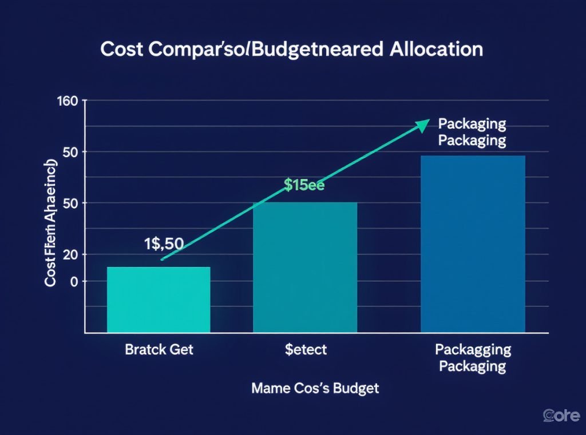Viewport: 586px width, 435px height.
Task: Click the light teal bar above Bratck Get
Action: [159, 299]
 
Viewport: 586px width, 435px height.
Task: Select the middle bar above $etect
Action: [304, 266]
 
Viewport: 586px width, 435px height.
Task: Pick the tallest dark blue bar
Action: [473, 244]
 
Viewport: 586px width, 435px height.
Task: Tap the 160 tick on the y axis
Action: [68, 102]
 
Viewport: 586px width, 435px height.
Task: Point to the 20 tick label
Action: [70, 254]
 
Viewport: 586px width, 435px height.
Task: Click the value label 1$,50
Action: [163, 243]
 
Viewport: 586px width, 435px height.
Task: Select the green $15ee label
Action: [304, 185]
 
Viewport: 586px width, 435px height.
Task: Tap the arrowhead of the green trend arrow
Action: [424, 122]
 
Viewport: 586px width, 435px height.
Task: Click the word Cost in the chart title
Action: [123, 49]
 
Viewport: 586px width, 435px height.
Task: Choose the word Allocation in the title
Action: [437, 49]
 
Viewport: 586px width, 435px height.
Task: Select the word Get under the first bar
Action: [181, 349]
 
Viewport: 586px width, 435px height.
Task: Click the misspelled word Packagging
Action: [473, 349]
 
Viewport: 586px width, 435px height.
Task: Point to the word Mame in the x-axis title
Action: [271, 388]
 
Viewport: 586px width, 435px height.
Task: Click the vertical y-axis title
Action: [51, 226]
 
